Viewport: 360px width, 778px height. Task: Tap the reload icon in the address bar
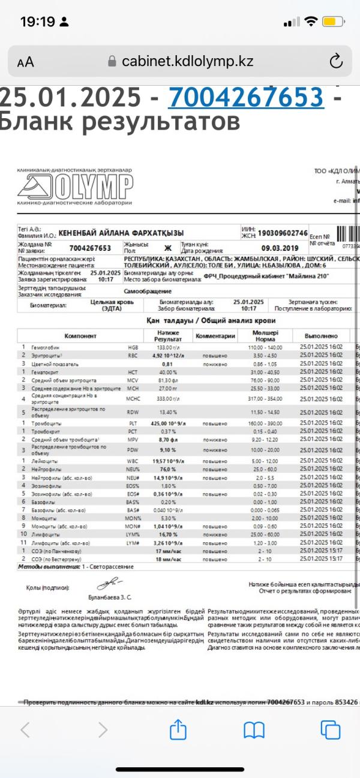pyautogui.click(x=336, y=61)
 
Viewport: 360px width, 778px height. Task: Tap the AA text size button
pyautogui.click(x=26, y=62)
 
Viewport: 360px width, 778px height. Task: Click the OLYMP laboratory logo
pyautogui.click(x=76, y=187)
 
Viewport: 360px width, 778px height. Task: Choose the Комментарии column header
pyautogui.click(x=215, y=336)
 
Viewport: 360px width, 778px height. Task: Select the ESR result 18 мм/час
pyautogui.click(x=169, y=558)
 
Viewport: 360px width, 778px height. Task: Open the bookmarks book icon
pyautogui.click(x=254, y=729)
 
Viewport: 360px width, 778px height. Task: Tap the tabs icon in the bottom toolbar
pyautogui.click(x=330, y=729)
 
